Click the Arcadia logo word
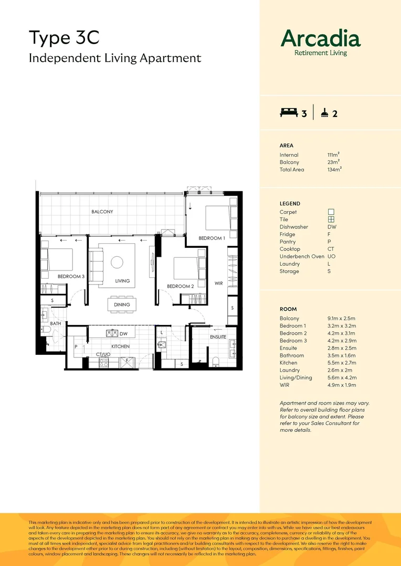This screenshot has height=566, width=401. [x=321, y=38]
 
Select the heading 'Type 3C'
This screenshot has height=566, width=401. [x=64, y=38]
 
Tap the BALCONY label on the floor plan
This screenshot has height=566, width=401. [x=102, y=212]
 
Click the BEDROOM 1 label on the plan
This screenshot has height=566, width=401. [x=212, y=238]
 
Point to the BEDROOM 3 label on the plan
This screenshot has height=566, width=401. [x=71, y=276]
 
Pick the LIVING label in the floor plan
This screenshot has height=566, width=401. [x=122, y=281]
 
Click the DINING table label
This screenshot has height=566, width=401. [x=122, y=304]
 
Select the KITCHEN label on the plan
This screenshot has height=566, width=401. [x=120, y=346]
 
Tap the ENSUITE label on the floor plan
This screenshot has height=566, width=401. [x=218, y=337]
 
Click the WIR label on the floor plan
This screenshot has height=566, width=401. [x=219, y=283]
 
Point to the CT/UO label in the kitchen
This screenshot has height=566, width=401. [x=103, y=355]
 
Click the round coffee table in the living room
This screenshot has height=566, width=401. [x=117, y=262]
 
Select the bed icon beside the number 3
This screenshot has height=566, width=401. [x=289, y=113]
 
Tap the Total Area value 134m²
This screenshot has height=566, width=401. [x=334, y=170]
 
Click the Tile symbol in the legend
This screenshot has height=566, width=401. [x=331, y=220]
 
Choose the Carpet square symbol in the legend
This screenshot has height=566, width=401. [x=331, y=212]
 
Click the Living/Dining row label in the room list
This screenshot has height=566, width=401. [x=296, y=377]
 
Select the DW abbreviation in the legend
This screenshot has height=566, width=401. [x=331, y=227]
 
